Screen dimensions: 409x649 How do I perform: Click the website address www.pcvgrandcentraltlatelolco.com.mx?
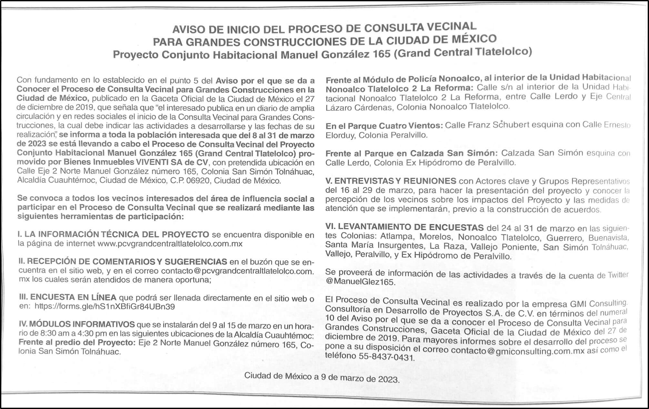pos(170,244)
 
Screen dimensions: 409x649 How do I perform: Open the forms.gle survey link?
pos(105,306)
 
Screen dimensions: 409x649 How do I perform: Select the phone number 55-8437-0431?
pos(386,357)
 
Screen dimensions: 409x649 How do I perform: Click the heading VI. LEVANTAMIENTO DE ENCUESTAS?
pos(404,227)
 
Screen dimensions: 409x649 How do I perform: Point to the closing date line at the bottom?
pos(322,377)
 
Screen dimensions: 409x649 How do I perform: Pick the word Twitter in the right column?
pos(618,275)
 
